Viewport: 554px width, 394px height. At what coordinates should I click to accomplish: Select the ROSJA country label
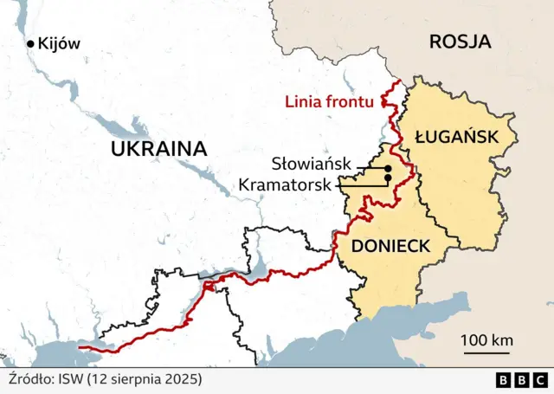[x=460, y=41]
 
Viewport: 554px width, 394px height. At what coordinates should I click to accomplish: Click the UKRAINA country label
[x=158, y=149]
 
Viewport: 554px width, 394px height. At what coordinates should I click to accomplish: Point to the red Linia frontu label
[x=330, y=102]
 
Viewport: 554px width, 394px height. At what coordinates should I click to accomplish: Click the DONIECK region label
[x=390, y=246]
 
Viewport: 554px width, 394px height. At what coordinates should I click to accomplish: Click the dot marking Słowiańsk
[x=388, y=168]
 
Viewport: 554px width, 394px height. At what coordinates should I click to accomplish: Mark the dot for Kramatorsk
[x=388, y=178]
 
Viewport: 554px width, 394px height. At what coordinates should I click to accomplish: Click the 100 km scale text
[x=487, y=339]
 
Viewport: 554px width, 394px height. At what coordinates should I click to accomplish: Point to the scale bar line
[x=487, y=352]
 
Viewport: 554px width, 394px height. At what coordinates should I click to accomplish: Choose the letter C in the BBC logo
[x=539, y=379]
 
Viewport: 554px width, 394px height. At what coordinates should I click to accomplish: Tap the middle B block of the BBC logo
[x=522, y=379]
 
